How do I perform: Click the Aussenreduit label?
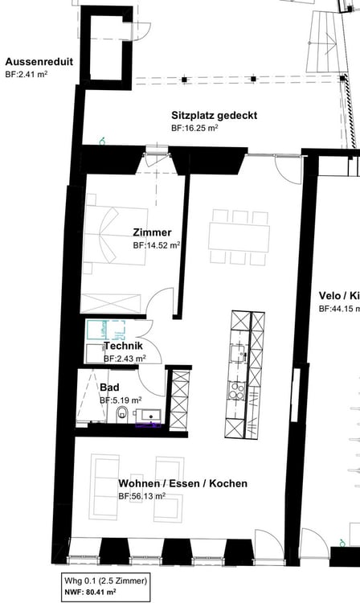[x=38, y=62]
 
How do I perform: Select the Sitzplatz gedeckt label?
[x=214, y=115]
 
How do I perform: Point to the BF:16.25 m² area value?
[x=195, y=128]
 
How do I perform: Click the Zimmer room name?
[x=152, y=232]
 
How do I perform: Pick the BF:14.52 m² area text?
[x=156, y=245]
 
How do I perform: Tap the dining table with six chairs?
[x=239, y=237]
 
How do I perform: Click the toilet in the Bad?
[x=121, y=414]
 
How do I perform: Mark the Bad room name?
[x=109, y=387]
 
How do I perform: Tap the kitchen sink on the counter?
[x=239, y=352]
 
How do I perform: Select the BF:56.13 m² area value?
[x=141, y=496]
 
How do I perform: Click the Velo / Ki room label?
[x=338, y=295]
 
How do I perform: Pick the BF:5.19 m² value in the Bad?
[x=121, y=400]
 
